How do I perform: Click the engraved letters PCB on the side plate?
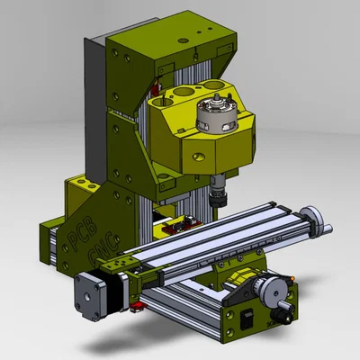78,232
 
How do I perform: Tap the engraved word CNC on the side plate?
92,257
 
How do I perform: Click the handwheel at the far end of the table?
312,218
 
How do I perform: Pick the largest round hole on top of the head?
184,94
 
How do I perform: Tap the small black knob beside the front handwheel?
286,315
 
